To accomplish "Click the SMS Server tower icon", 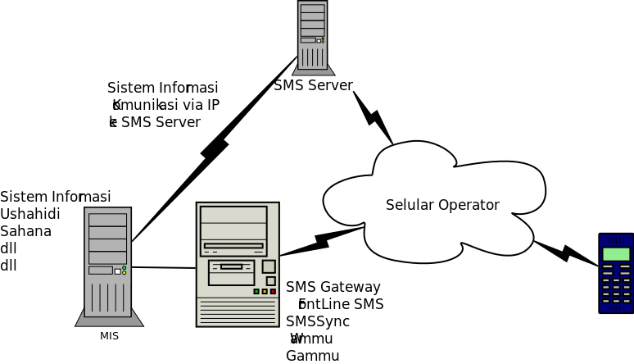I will pos(313,37).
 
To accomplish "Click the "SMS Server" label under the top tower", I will pos(313,85).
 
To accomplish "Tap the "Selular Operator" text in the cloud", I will pos(442,205).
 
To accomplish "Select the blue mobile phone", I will pos(615,273).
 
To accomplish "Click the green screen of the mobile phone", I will pos(615,254).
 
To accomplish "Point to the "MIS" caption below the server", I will pos(109,336).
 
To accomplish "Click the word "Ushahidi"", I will pos(30,214).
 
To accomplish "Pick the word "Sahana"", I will pos(26,231).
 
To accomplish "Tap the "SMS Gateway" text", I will pos(333,287).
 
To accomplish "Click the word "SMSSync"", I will pos(318,321).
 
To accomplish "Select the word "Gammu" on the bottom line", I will pos(312,356).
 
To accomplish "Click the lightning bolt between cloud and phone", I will pos(565,252).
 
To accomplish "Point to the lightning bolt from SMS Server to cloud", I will pos(373,118).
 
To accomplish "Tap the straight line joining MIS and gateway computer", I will pos(164,267).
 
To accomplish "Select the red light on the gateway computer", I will pos(273,292).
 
